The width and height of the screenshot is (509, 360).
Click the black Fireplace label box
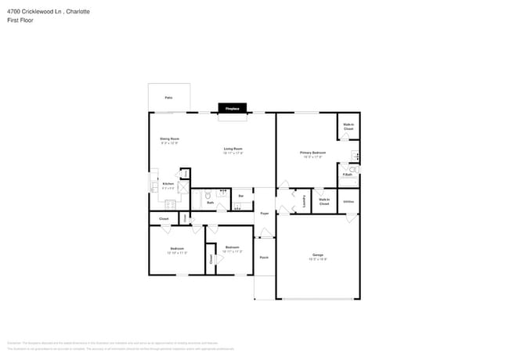232,109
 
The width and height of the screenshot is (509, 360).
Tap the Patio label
168,98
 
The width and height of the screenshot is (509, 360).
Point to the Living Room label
233,150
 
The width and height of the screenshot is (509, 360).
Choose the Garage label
318,256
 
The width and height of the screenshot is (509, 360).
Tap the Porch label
264,257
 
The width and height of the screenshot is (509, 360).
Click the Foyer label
264,213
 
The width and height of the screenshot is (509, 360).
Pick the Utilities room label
348,201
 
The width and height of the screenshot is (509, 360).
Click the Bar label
240,196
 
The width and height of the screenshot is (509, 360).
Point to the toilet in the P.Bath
352,168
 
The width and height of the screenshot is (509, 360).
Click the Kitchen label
168,185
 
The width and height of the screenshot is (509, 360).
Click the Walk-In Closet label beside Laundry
324,201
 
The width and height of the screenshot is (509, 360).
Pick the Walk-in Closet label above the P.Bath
348,126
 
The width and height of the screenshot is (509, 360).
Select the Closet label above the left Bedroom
164,218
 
